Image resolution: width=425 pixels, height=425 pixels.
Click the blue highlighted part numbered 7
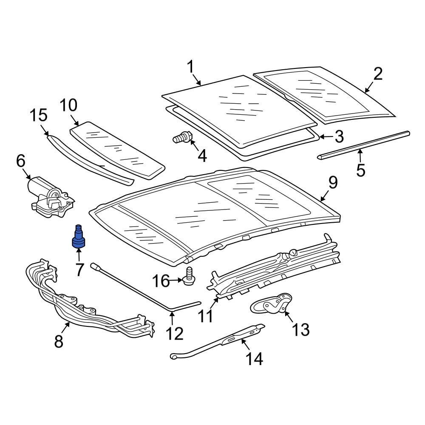79,237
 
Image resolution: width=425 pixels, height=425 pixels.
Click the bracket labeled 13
271,303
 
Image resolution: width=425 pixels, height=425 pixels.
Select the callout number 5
360,170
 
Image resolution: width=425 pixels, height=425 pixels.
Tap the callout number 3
339,137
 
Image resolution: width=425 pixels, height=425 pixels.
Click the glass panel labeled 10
118,149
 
